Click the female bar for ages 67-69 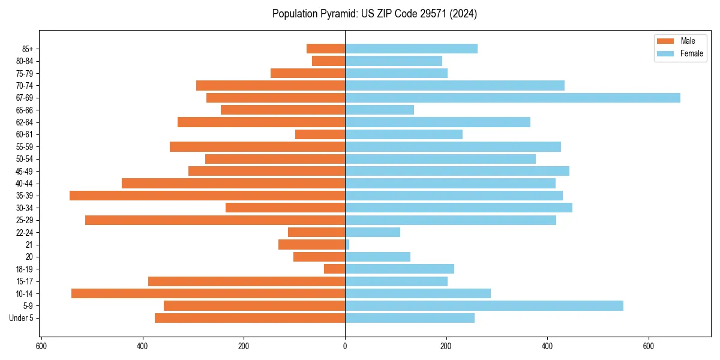click(x=512, y=98)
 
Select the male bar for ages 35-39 click(x=207, y=196)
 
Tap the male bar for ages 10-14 click(x=208, y=293)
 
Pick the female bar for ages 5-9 click(x=484, y=305)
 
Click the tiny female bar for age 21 click(x=347, y=245)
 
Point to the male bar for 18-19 click(x=335, y=269)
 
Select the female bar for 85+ click(x=411, y=49)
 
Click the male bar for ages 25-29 click(x=215, y=220)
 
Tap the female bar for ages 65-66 click(x=379, y=110)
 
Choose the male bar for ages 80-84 click(x=328, y=61)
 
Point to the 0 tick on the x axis click(x=345, y=346)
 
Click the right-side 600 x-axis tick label click(x=648, y=346)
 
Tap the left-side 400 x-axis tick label click(x=143, y=346)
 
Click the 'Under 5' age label click(x=22, y=318)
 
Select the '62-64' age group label click(x=25, y=122)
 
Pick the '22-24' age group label click(x=25, y=232)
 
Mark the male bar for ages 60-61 click(x=320, y=134)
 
